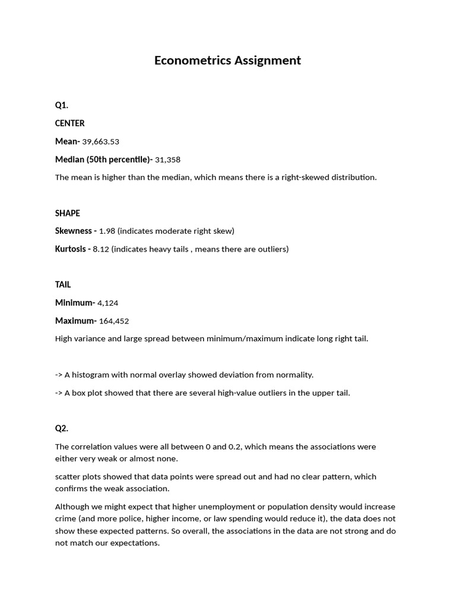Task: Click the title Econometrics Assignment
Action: click(227, 60)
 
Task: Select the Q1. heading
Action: click(62, 105)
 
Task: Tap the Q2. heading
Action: click(62, 428)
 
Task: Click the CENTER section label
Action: click(70, 123)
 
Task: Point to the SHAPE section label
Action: click(68, 213)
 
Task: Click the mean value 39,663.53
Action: click(100, 142)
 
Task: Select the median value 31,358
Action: click(167, 159)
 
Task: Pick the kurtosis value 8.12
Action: click(101, 249)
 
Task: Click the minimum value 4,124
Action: click(107, 303)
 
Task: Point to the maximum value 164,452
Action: click(113, 321)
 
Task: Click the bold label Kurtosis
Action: click(71, 249)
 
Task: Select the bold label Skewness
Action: click(74, 231)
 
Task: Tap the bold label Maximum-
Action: click(75, 321)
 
